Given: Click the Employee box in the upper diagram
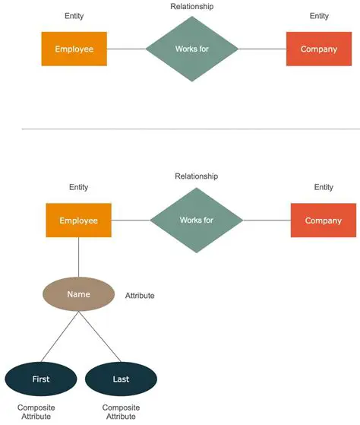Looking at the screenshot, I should click(74, 49).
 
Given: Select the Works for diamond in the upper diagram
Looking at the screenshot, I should click(191, 49).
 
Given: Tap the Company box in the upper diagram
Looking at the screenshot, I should click(318, 49).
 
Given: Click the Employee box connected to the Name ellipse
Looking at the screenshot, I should click(78, 220).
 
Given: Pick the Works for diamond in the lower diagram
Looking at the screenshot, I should click(196, 220).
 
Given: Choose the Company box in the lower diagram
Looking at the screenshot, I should click(323, 220).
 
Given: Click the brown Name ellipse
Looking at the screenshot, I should click(78, 294).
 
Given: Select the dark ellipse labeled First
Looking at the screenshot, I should click(41, 379).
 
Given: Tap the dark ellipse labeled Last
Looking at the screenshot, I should click(121, 379).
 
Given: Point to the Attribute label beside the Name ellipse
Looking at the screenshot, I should click(140, 295).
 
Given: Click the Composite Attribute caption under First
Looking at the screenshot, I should click(36, 412).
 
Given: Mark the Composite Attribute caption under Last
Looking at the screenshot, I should click(121, 412).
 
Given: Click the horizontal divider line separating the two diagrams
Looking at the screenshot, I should click(180, 129).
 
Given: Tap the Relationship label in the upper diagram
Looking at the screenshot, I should click(192, 7).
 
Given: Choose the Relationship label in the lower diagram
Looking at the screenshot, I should click(196, 176).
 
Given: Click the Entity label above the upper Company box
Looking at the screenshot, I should click(319, 16).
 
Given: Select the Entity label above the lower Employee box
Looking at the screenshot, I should click(78, 187).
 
